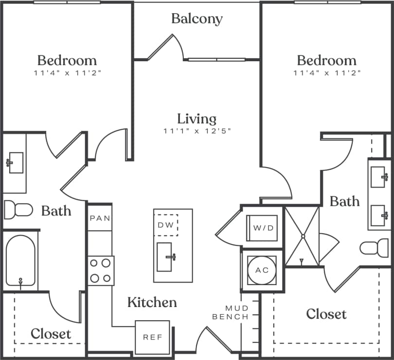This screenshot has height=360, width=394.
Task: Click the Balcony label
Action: pyautogui.click(x=197, y=19)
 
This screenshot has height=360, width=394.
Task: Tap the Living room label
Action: pyautogui.click(x=197, y=119)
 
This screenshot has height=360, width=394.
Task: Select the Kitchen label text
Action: pyautogui.click(x=152, y=302)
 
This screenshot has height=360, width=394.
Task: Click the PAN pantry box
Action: pyautogui.click(x=100, y=218)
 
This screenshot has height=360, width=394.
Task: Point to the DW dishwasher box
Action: pyautogui.click(x=166, y=225)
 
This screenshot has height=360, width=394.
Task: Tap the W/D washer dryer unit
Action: pyautogui.click(x=263, y=227)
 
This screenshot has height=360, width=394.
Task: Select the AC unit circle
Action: pyautogui.click(x=262, y=270)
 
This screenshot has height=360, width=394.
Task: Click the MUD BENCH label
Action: pyautogui.click(x=237, y=312)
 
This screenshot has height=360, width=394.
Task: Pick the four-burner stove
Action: pyautogui.click(x=101, y=271)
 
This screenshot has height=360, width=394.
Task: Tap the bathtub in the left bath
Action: pyautogui.click(x=20, y=260)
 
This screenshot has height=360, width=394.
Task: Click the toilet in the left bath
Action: pyautogui.click(x=18, y=210)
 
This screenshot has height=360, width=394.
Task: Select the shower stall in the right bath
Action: pyautogui.click(x=302, y=237)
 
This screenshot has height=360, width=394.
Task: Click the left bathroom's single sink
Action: pyautogui.click(x=15, y=162)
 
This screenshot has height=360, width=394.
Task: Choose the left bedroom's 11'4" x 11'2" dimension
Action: pyautogui.click(x=67, y=73)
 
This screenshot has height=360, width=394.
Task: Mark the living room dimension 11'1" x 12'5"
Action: pyautogui.click(x=197, y=131)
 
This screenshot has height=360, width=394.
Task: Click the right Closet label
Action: pyautogui.click(x=326, y=314)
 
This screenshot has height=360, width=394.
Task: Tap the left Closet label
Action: pyautogui.click(x=51, y=334)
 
